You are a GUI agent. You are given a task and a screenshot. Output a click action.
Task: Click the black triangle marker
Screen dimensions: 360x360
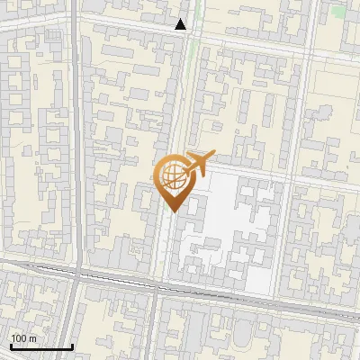pos(181,25)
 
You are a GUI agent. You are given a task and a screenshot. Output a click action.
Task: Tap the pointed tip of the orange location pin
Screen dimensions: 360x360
pos(172,211)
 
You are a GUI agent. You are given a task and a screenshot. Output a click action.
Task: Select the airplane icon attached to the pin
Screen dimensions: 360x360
pos(199,164)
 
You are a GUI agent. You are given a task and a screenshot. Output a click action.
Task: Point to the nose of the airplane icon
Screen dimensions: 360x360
pos(210,158)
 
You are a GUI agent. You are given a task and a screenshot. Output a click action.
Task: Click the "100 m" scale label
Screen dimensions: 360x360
pos(24,338)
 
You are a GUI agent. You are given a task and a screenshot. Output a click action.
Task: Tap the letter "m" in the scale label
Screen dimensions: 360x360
pos(33,338)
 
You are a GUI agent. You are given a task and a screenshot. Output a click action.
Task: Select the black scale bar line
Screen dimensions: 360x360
pos(41,346)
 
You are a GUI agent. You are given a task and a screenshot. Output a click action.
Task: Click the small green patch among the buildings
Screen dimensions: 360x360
pos(337,13)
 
